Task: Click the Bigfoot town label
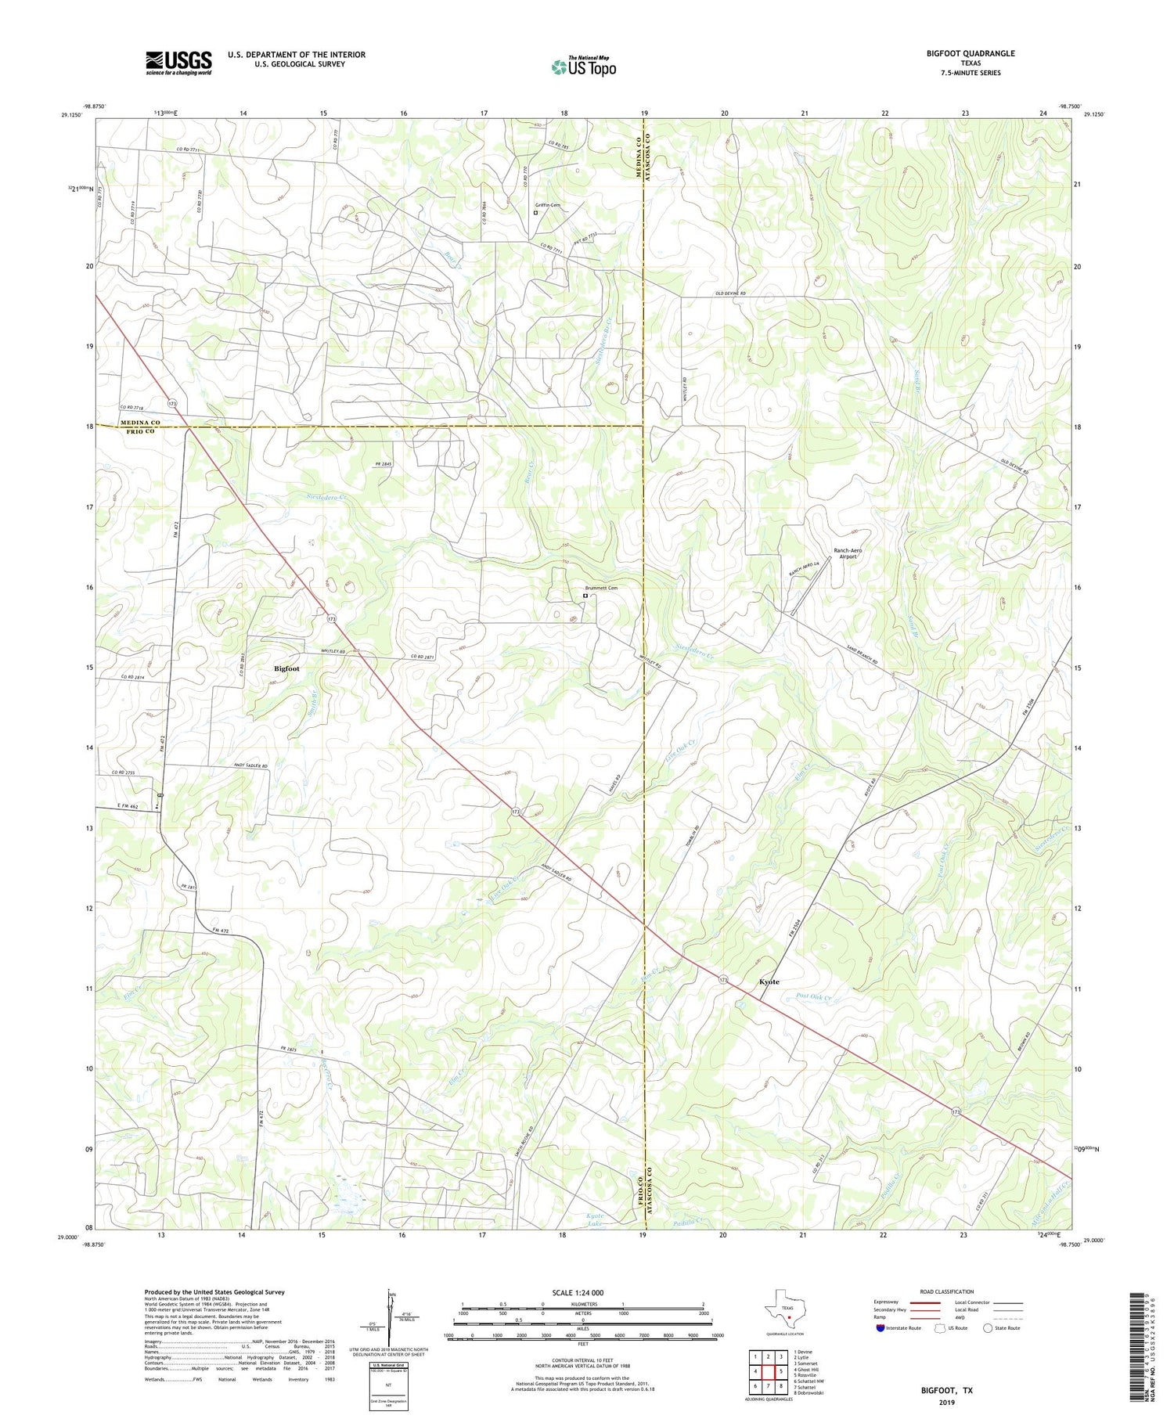click(286, 668)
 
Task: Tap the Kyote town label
click(769, 981)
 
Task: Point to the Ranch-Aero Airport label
click(848, 553)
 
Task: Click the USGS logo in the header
click(178, 63)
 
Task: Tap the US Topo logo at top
click(583, 67)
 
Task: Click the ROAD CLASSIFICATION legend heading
click(947, 1291)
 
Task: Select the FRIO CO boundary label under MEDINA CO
click(140, 431)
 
